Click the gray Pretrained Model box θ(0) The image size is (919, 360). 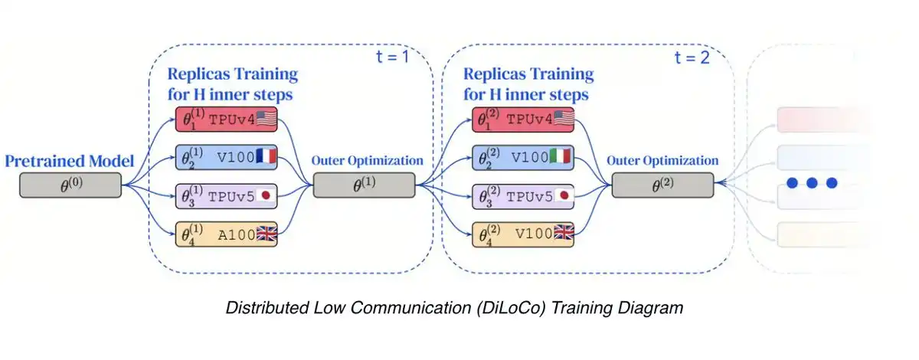click(x=71, y=185)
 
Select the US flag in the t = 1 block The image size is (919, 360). click(x=266, y=119)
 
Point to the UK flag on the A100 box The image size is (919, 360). click(x=266, y=235)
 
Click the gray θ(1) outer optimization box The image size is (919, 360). click(x=365, y=185)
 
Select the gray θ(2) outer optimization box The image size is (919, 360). click(x=662, y=185)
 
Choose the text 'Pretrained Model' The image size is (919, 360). click(x=70, y=161)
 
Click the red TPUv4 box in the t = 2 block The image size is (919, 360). click(x=526, y=120)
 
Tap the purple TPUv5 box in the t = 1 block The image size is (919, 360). click(x=226, y=197)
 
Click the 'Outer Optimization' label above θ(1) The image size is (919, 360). click(x=367, y=161)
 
